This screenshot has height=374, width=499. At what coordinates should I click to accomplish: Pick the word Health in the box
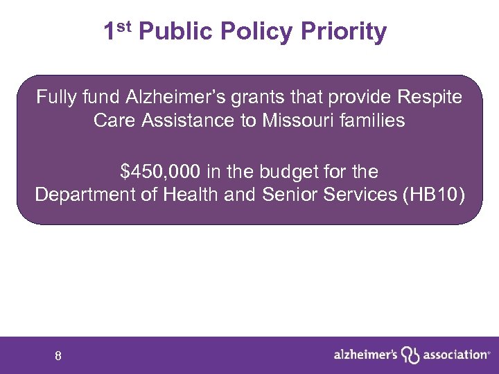(191, 195)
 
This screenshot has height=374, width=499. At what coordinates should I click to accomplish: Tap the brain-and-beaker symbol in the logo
(412, 355)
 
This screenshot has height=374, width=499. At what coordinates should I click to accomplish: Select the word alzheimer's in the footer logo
(365, 355)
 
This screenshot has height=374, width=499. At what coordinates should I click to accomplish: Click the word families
(371, 121)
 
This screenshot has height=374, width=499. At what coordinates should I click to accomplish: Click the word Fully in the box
(55, 97)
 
